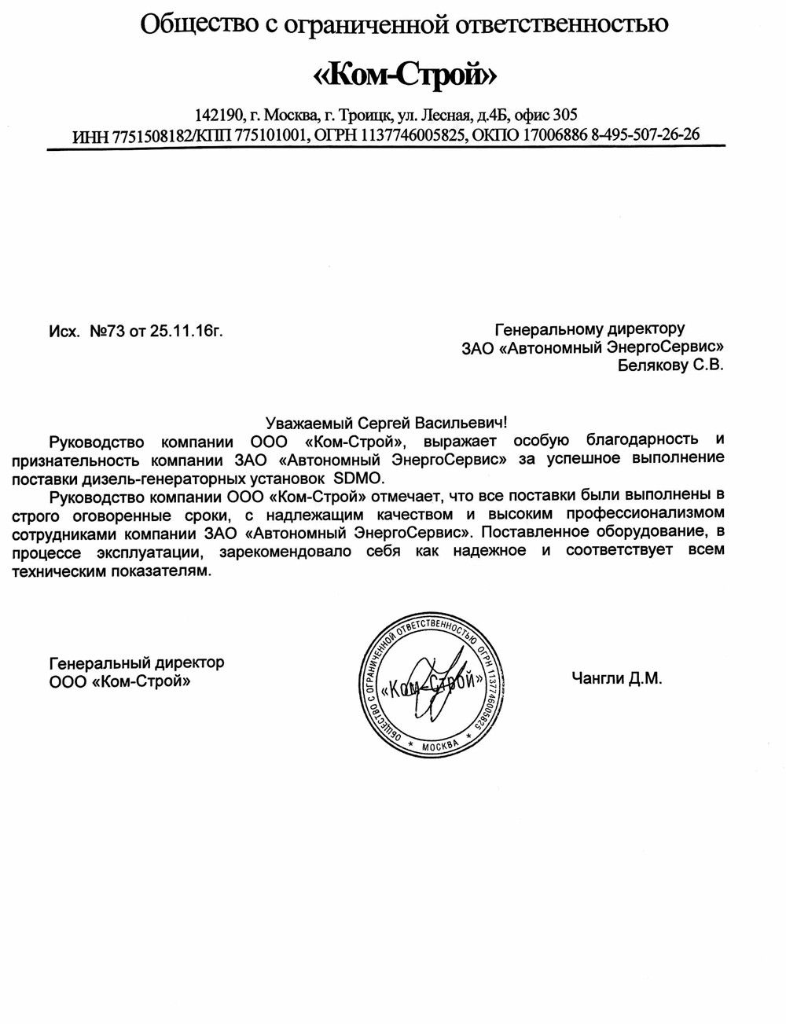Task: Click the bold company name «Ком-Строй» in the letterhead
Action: tap(406, 75)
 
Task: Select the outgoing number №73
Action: tap(108, 332)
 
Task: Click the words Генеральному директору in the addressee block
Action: tap(589, 328)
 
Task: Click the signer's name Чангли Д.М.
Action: tap(617, 678)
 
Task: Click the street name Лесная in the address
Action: tap(447, 114)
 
